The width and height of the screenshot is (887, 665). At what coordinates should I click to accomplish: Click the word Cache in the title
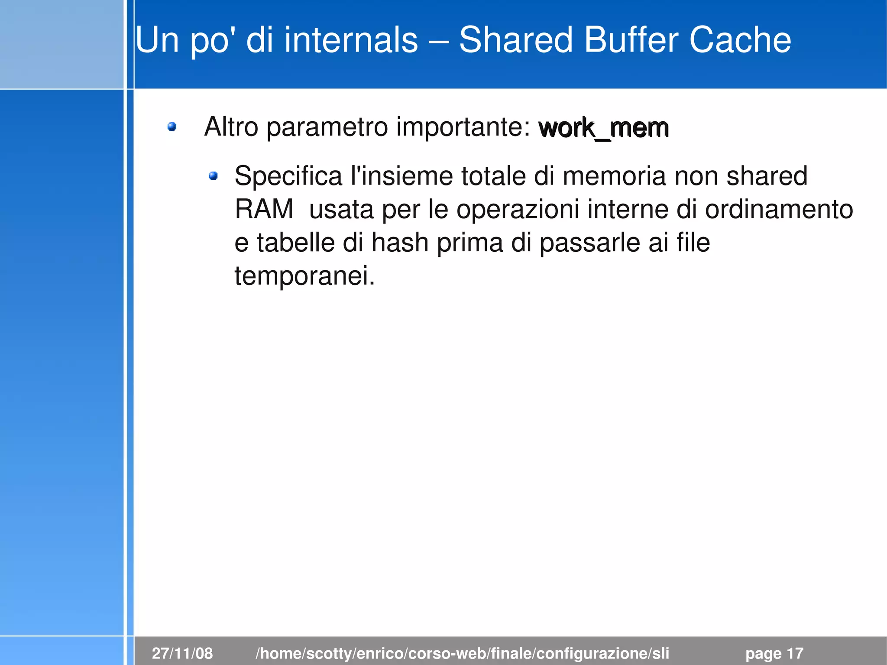coord(740,40)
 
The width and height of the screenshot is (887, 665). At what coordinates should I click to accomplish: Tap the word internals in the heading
coord(351,40)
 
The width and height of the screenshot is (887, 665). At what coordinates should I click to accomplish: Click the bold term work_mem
coord(603,128)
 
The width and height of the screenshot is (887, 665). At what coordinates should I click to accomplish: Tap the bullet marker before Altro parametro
coord(172,127)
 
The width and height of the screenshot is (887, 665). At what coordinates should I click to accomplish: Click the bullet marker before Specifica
coord(213,176)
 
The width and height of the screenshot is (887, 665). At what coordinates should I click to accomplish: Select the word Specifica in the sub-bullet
coord(288,176)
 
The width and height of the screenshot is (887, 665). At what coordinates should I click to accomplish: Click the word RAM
coord(264,209)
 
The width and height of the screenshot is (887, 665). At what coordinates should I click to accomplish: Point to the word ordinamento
coord(779,209)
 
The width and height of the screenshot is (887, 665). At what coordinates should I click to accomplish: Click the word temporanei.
coord(304,276)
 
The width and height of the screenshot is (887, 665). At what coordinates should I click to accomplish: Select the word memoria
coord(614,176)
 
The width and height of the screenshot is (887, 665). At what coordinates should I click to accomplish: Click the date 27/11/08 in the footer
coord(182,653)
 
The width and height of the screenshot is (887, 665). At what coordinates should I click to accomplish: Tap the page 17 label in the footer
coord(774,653)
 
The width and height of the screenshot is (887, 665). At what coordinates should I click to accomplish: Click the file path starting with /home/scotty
coord(462,653)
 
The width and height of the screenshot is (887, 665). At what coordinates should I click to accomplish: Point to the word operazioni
coord(518,210)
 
